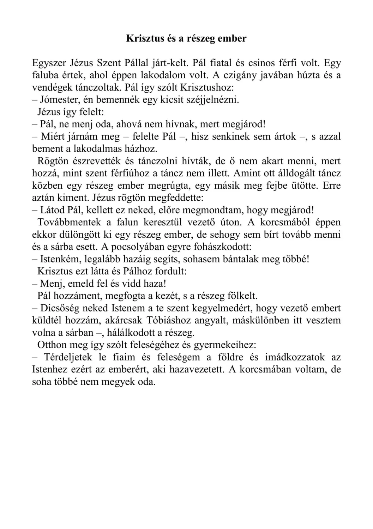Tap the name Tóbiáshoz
175,320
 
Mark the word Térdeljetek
67,357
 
